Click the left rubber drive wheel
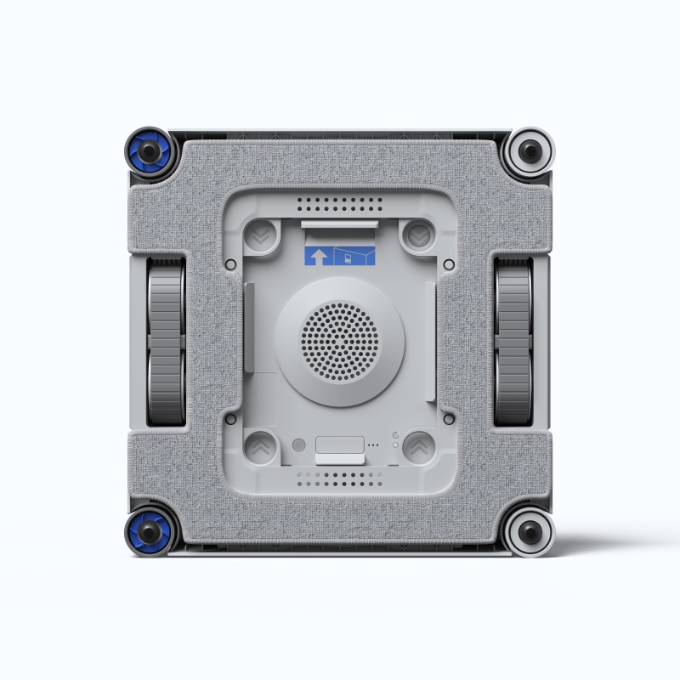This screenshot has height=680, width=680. pyautogui.click(x=166, y=341)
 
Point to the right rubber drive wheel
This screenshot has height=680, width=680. pyautogui.click(x=514, y=341)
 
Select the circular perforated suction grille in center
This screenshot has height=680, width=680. pyautogui.click(x=340, y=341)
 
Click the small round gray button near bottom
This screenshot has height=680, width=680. pyautogui.click(x=297, y=445)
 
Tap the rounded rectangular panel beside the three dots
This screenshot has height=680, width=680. pyautogui.click(x=339, y=445)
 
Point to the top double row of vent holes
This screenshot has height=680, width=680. pyautogui.click(x=340, y=205)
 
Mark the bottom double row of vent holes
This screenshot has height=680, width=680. pyautogui.click(x=340, y=479)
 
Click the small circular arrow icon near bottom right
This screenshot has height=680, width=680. pyautogui.click(x=396, y=435)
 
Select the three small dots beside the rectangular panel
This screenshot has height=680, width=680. pyautogui.click(x=373, y=445)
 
